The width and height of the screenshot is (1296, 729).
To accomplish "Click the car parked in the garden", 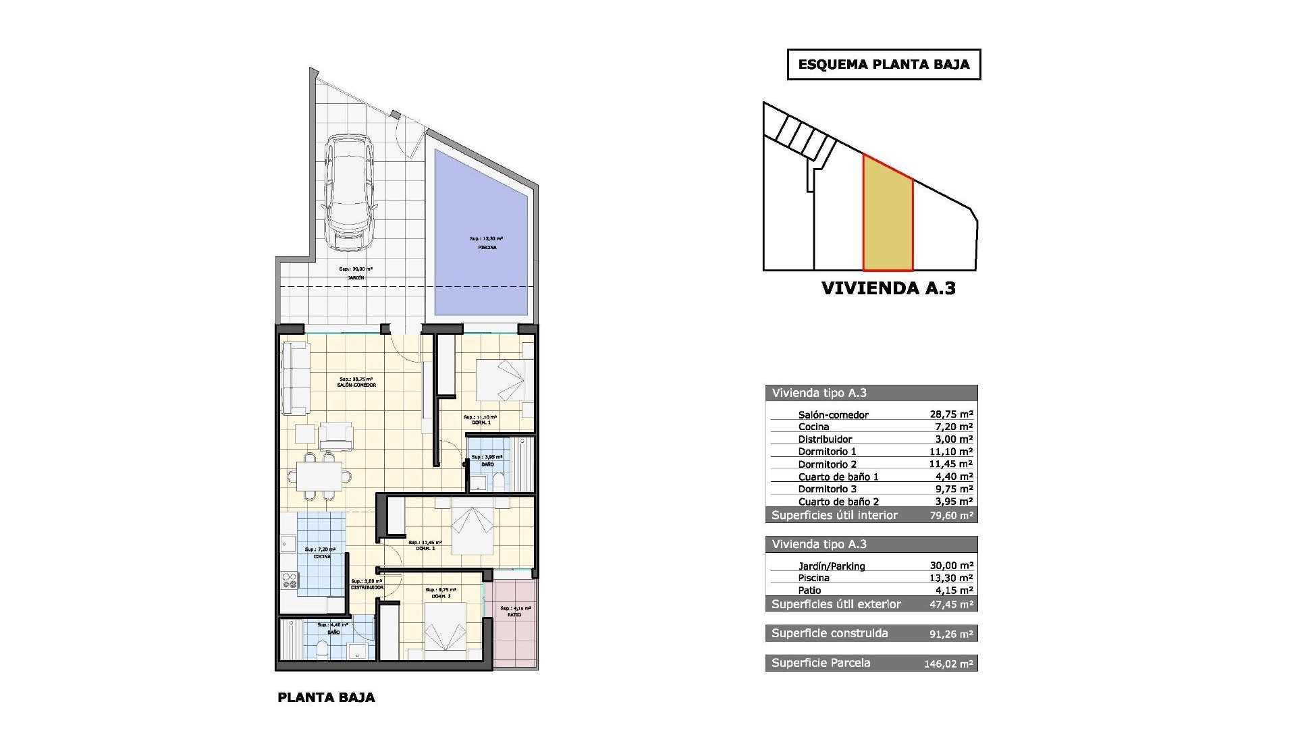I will click(348, 193).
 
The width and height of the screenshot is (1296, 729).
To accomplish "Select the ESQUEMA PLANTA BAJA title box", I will click(884, 65).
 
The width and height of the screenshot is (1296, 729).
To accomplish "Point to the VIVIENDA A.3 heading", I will click(888, 288).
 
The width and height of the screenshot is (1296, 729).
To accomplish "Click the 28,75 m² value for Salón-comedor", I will click(950, 414).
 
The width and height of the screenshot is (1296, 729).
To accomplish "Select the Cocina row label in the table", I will click(813, 427).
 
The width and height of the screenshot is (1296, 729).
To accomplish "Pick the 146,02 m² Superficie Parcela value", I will click(948, 664).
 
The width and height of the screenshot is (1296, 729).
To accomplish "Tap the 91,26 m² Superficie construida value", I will click(951, 634).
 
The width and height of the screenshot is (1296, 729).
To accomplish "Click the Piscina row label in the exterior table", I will click(813, 578).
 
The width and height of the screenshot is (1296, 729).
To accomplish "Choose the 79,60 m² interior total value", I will click(950, 516).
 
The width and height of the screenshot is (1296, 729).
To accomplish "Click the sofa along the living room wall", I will click(295, 378).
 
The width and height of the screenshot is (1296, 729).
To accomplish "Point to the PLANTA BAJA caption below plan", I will click(326, 697).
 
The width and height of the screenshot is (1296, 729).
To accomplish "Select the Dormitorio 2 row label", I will click(827, 464).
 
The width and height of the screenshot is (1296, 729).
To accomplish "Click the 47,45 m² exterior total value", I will click(951, 604).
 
